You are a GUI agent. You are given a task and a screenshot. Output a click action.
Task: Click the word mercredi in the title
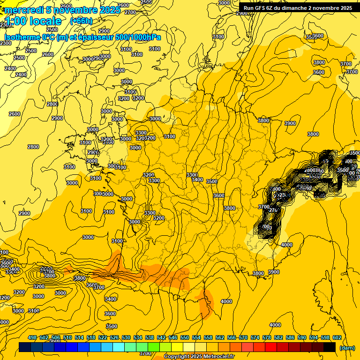(23, 10)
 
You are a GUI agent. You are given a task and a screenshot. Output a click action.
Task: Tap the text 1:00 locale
(33, 21)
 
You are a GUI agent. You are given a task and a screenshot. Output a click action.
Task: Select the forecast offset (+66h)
(81, 21)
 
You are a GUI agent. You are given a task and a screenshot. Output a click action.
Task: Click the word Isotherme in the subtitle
(22, 37)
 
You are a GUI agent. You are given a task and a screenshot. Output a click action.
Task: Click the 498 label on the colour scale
(32, 337)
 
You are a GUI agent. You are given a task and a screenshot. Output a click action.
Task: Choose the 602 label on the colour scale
(337, 337)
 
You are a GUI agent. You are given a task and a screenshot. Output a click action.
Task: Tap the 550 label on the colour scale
(184, 337)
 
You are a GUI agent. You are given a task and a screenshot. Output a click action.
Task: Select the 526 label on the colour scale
(114, 337)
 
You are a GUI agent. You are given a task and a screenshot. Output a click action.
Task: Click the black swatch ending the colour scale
(330, 347)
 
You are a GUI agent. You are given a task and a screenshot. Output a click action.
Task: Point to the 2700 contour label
(130, 13)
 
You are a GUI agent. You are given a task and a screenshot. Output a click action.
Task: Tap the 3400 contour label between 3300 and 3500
(197, 180)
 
